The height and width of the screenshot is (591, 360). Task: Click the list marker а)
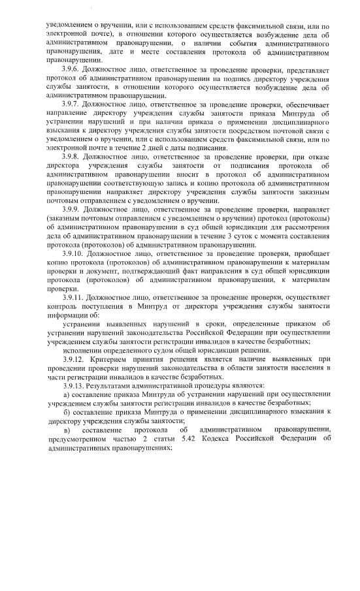67,394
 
